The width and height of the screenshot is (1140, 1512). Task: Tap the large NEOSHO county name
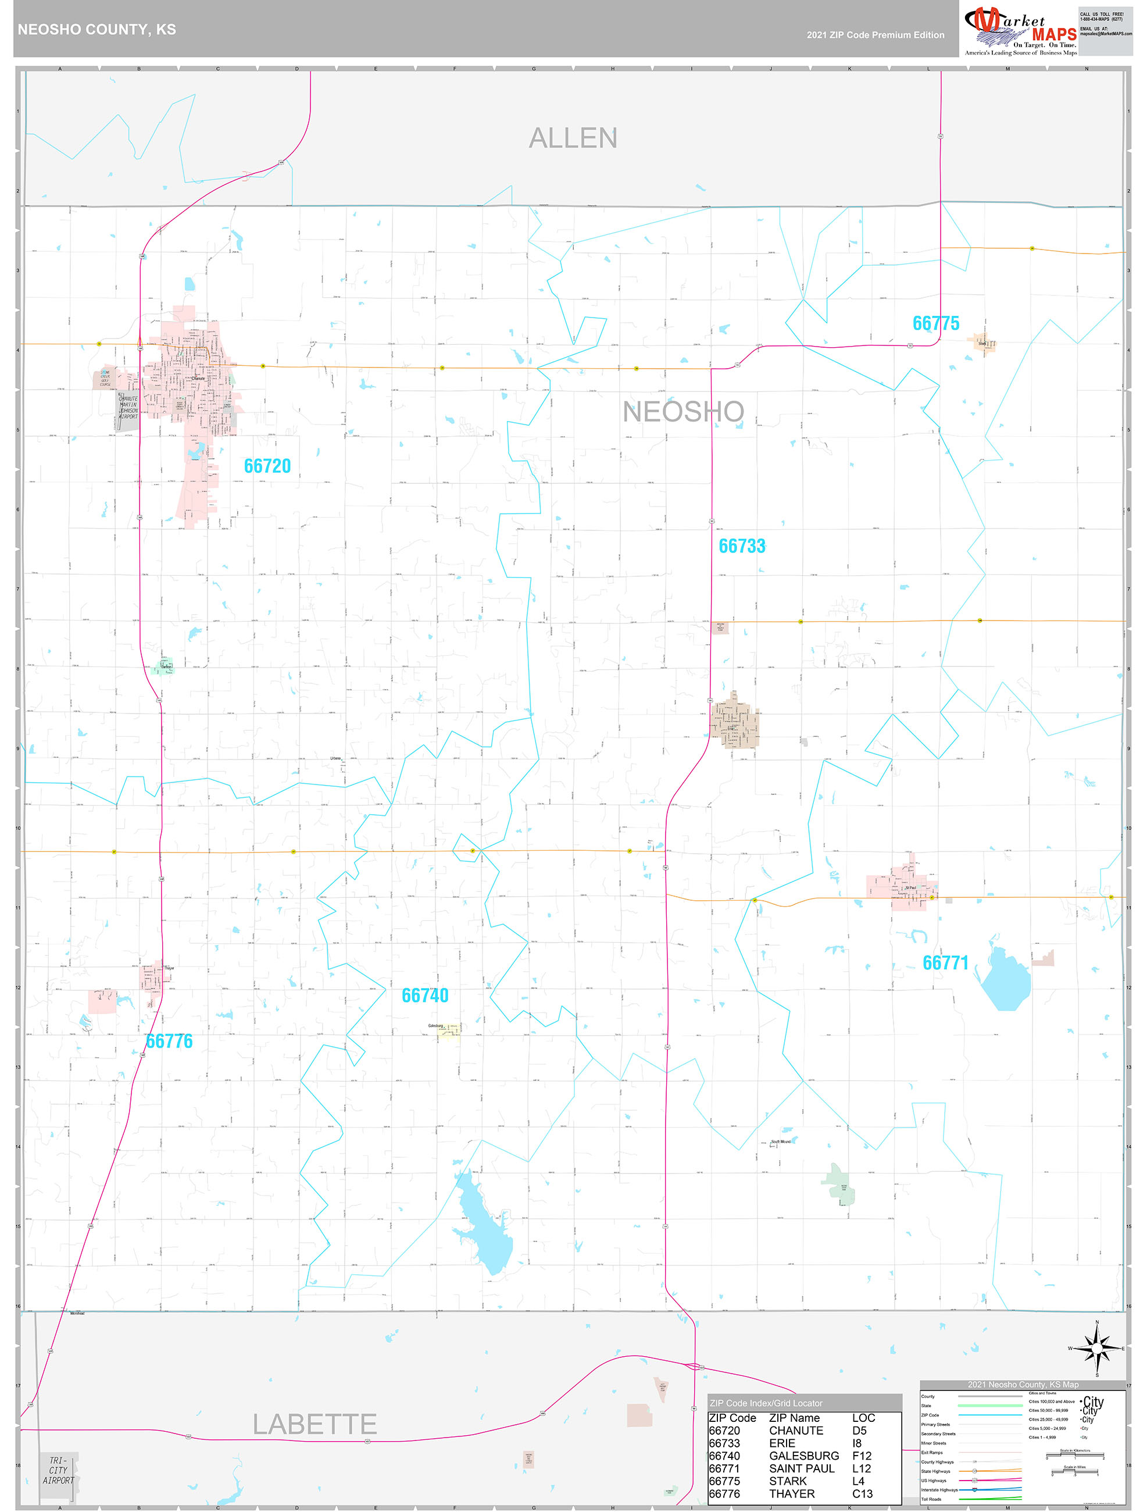(x=682, y=412)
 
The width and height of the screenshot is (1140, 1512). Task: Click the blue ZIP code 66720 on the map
(x=267, y=466)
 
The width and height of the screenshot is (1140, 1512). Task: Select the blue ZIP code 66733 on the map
(x=742, y=546)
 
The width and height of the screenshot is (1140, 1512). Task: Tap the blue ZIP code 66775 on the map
(x=935, y=323)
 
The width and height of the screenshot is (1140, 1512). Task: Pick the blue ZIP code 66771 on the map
(x=945, y=963)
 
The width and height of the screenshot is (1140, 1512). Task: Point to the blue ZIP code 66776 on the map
(x=170, y=1042)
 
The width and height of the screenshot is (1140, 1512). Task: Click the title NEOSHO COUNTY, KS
(x=97, y=30)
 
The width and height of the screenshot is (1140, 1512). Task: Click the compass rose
(x=1096, y=1349)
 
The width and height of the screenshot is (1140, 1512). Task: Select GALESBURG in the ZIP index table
(x=804, y=1456)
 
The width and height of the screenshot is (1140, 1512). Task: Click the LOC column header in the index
(x=863, y=1418)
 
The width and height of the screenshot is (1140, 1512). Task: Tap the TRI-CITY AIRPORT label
(x=58, y=1470)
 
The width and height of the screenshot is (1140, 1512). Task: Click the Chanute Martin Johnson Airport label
(x=128, y=408)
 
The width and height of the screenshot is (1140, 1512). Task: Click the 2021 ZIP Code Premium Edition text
(x=875, y=35)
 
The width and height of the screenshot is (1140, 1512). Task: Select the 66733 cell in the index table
(x=724, y=1443)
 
